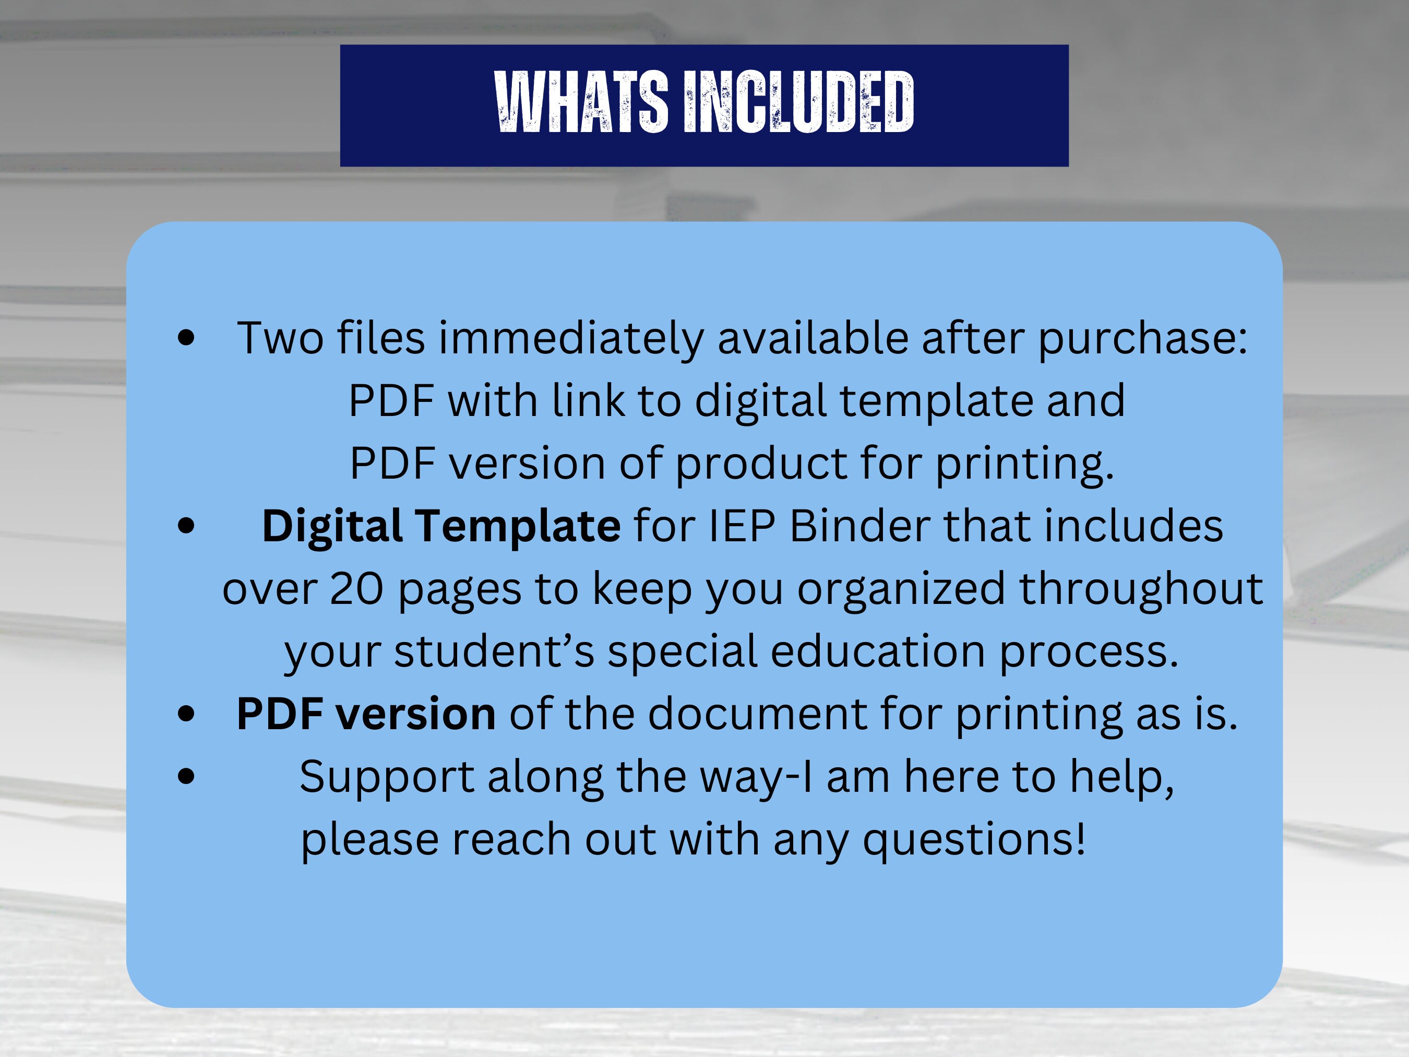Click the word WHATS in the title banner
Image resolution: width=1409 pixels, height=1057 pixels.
[x=581, y=102]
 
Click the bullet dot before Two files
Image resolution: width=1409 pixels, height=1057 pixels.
[x=186, y=338]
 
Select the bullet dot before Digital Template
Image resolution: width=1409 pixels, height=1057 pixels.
[x=186, y=526]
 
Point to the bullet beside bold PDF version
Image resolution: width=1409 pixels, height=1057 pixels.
[x=186, y=714]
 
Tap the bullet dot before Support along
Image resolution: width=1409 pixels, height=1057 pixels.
[x=186, y=777]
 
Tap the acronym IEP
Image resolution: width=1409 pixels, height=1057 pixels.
[x=742, y=526]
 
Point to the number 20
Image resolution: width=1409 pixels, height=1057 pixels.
[x=357, y=589]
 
